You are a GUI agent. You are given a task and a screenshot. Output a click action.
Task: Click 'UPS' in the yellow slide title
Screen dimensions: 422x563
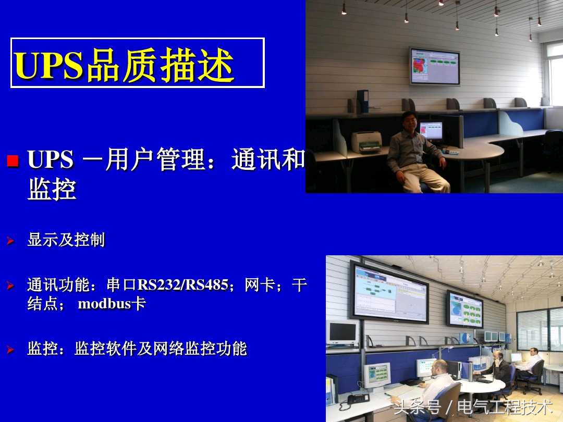click(x=49, y=65)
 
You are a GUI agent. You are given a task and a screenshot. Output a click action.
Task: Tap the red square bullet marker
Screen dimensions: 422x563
click(x=13, y=160)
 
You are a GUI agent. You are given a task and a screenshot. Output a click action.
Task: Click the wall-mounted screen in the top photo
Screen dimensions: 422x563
click(x=434, y=66)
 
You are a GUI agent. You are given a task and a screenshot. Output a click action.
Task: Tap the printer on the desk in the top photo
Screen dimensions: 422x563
click(x=366, y=141)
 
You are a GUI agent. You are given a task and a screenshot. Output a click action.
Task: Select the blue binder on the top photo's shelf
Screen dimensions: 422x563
click(x=363, y=101)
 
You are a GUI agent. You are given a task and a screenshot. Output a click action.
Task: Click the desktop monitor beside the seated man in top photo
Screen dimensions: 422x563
click(x=431, y=131)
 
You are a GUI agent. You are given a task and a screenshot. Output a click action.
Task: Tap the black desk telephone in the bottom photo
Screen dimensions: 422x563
click(x=358, y=399)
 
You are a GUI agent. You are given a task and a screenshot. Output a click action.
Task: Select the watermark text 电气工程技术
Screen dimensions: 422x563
click(x=505, y=406)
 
